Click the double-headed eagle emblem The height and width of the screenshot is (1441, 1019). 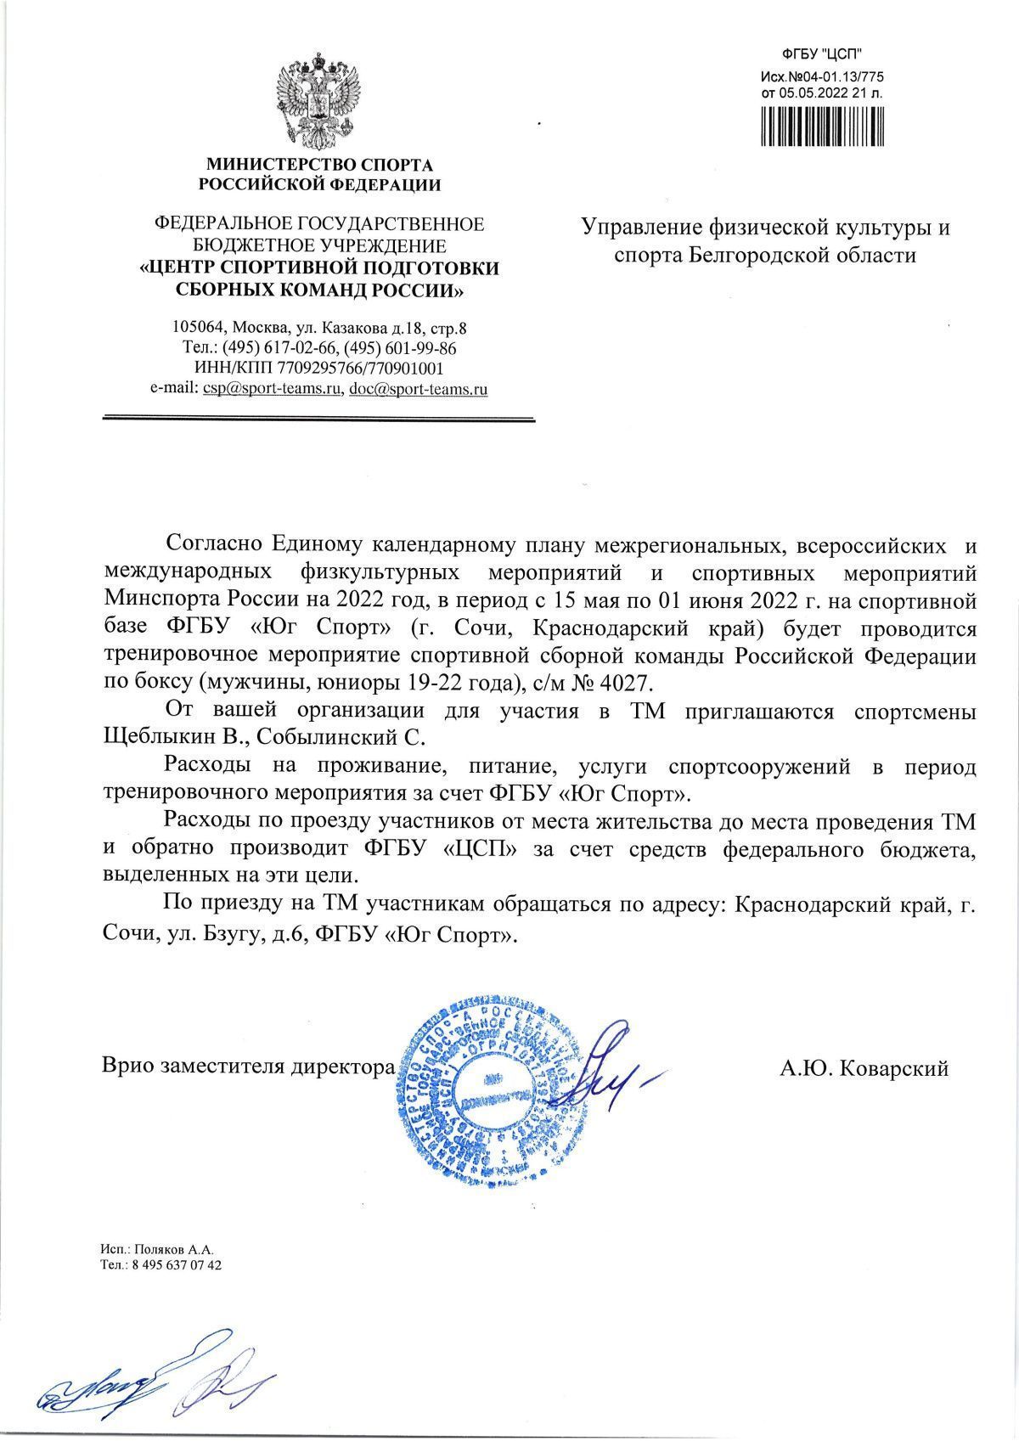[319, 100]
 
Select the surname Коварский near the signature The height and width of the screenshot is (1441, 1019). [893, 1069]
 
